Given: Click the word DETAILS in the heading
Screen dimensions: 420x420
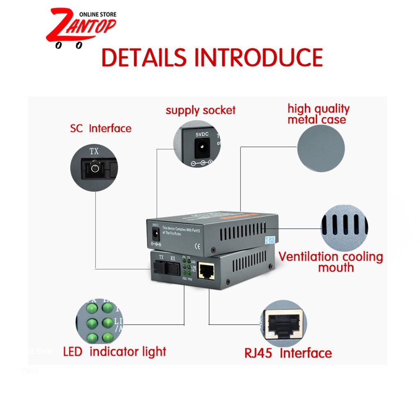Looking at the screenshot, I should pyautogui.click(x=144, y=57).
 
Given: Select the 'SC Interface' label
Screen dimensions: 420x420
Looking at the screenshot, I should pyautogui.click(x=100, y=128).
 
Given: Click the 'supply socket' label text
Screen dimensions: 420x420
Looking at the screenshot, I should pyautogui.click(x=201, y=110).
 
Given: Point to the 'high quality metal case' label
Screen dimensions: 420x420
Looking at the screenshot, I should pyautogui.click(x=318, y=114).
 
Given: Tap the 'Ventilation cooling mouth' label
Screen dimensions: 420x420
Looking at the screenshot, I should pyautogui.click(x=331, y=262).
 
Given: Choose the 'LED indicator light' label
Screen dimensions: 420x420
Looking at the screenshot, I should pyautogui.click(x=114, y=352).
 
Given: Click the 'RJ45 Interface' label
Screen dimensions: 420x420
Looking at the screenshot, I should pyautogui.click(x=288, y=353).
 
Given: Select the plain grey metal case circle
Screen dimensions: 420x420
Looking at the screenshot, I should pyautogui.click(x=321, y=148).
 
